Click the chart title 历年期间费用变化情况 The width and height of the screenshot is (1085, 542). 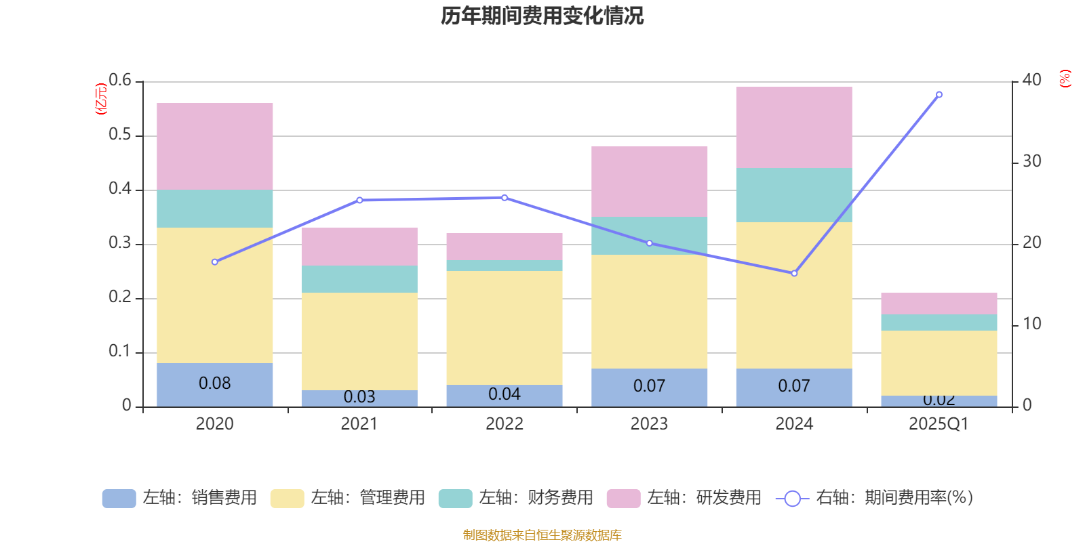point(542,16)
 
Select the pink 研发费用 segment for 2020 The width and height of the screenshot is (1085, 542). point(215,146)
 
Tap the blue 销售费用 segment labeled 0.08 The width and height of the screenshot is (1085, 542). point(215,384)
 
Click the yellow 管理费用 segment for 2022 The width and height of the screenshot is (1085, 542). point(505,328)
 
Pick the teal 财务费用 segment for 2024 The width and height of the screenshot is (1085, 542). point(794,195)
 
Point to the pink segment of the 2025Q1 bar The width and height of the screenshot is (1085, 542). point(939,304)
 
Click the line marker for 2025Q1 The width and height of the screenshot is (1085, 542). point(939,95)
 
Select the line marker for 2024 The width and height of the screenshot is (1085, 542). point(794,274)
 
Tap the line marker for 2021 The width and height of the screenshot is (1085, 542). point(359,201)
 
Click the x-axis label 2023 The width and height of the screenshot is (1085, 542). point(649,424)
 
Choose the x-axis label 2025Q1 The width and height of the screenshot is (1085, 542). point(939,424)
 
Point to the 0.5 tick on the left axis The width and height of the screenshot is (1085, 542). point(120,135)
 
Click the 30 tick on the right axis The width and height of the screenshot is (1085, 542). point(1031,161)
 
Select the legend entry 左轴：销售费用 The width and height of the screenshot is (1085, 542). point(180,498)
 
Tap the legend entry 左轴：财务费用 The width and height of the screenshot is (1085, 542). point(515,498)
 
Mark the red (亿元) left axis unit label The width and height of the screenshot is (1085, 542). point(101,99)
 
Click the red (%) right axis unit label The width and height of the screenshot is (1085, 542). point(1065,79)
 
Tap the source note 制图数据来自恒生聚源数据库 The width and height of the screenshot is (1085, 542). point(542,535)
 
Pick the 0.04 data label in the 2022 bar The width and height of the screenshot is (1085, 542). point(505,394)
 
